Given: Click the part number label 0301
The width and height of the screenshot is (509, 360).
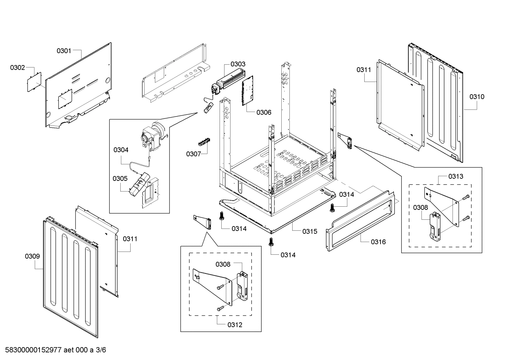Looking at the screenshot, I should pyautogui.click(x=64, y=51).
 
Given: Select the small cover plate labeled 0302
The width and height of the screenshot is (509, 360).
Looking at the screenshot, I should pyautogui.click(x=34, y=82).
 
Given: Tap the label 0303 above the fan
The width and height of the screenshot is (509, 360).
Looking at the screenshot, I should pyautogui.click(x=238, y=64).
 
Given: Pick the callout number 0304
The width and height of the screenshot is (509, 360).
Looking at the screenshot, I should pyautogui.click(x=121, y=150).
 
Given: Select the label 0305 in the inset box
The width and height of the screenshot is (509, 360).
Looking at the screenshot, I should pyautogui.click(x=120, y=178).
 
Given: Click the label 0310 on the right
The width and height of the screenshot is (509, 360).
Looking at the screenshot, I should pyautogui.click(x=477, y=96).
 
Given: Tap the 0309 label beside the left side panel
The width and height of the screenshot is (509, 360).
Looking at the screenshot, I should pyautogui.click(x=32, y=256).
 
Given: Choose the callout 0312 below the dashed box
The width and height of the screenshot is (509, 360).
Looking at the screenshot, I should pyautogui.click(x=235, y=325).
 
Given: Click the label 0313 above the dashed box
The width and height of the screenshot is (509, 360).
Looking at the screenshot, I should pyautogui.click(x=456, y=176).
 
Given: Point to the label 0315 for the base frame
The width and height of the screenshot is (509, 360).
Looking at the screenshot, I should pyautogui.click(x=310, y=231).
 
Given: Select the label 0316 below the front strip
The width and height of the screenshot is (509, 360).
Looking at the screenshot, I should pyautogui.click(x=378, y=242).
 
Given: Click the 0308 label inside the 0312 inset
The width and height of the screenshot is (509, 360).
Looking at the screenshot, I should pyautogui.click(x=223, y=264).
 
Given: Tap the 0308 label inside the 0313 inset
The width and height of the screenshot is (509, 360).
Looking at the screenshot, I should pyautogui.click(x=420, y=207).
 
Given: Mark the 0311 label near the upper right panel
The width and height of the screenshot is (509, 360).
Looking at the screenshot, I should pyautogui.click(x=364, y=70).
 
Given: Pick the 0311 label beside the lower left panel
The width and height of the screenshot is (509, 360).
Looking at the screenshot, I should pyautogui.click(x=130, y=239).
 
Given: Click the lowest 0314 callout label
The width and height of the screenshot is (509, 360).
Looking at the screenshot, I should pyautogui.click(x=288, y=255).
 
